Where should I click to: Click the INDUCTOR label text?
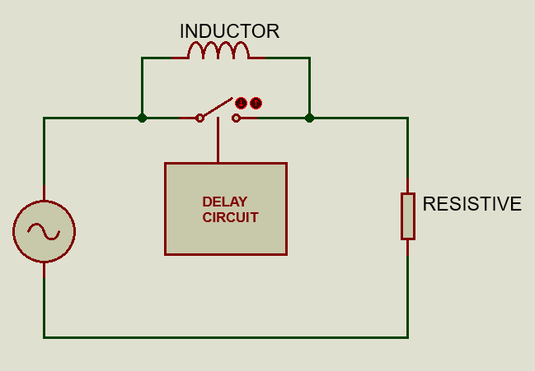[229, 31]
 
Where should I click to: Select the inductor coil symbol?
[218, 50]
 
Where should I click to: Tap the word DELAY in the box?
[224, 202]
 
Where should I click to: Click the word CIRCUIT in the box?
[230, 217]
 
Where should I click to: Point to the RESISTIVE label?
[472, 204]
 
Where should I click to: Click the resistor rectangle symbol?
[408, 216]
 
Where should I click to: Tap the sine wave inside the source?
[44, 232]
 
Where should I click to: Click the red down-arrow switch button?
[241, 103]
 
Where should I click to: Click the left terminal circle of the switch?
[199, 118]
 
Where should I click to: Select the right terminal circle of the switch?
[236, 118]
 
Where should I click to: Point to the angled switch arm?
[216, 107]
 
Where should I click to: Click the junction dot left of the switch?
[142, 118]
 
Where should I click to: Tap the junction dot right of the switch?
[309, 118]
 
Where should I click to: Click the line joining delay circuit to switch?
[218, 140]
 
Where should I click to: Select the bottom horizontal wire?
[226, 337]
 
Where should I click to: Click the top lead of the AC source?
[44, 192]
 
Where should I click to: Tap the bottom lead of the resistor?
[408, 248]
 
